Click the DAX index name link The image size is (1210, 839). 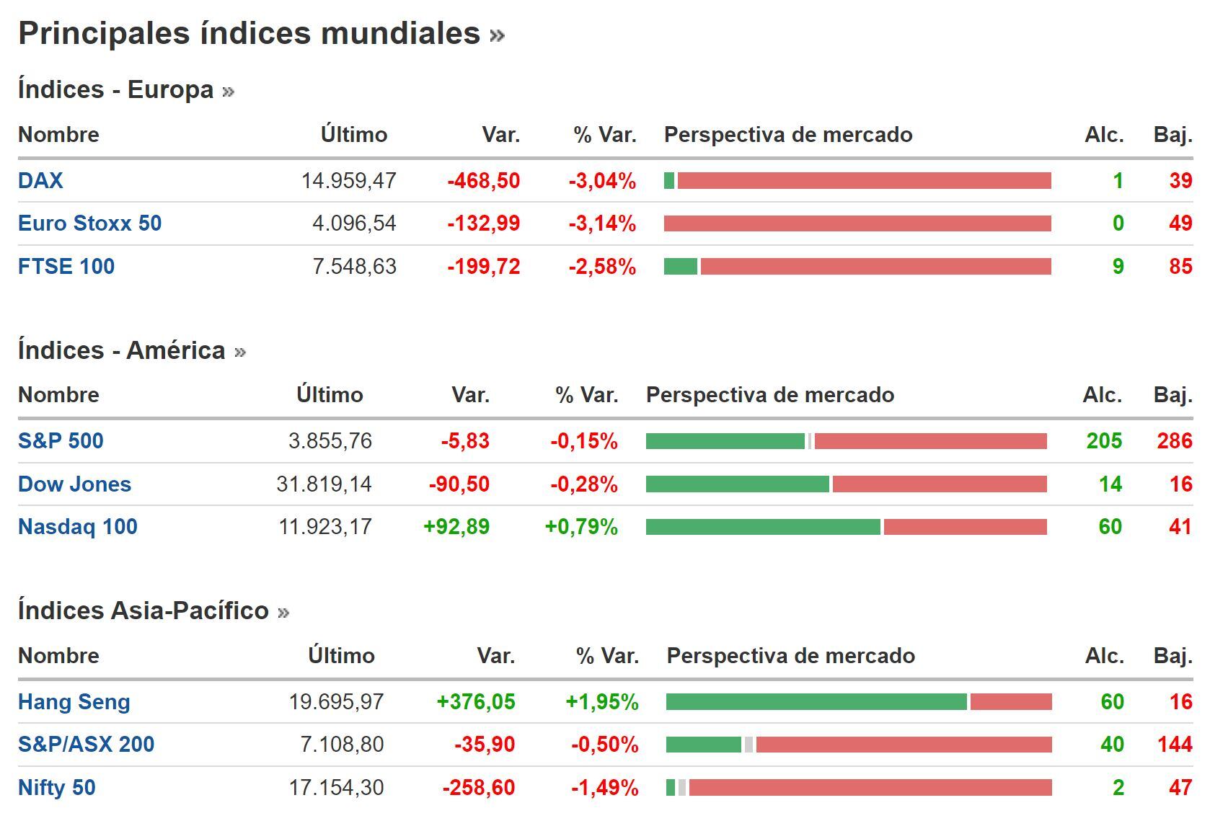(40, 180)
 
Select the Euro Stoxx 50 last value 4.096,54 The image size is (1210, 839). (354, 223)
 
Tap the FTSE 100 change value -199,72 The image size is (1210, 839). (483, 267)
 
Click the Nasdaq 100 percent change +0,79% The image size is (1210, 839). (581, 527)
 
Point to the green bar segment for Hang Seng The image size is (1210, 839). (816, 701)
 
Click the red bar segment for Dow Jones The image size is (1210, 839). (939, 484)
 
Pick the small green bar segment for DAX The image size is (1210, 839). (669, 180)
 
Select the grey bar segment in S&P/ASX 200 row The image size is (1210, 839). (748, 745)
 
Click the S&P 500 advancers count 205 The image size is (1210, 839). (1104, 441)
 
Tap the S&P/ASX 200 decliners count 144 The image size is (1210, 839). (1175, 745)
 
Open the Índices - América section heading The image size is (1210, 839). (122, 350)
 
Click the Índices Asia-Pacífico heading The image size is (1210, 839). (143, 611)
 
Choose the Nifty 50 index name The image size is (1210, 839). (57, 788)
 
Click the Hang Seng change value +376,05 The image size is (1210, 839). (476, 702)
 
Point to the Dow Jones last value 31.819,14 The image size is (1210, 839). (324, 484)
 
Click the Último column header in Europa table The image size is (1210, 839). (354, 135)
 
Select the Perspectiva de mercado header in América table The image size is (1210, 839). (769, 395)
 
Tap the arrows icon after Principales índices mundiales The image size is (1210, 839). (497, 35)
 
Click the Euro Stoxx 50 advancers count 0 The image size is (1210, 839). (1118, 223)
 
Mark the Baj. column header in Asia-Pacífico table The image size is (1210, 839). (1173, 656)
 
